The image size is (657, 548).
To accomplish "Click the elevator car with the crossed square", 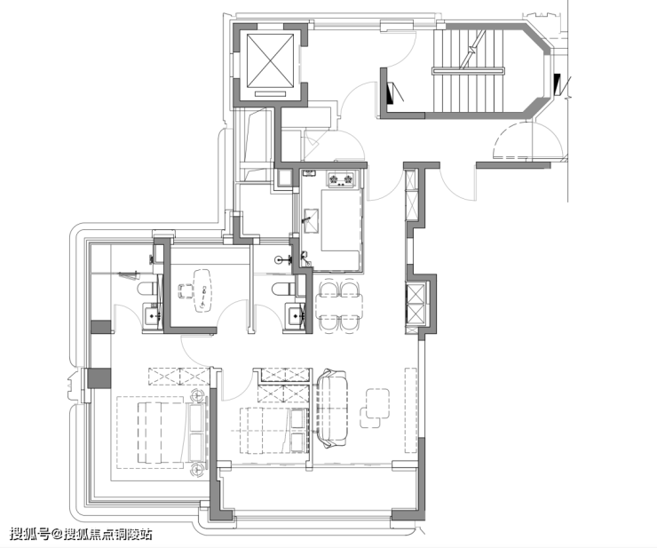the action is [270, 60].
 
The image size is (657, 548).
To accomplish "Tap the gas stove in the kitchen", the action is [340, 179].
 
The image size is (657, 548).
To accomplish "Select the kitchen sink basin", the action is [312, 220].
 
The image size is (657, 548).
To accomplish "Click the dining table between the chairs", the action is [339, 306].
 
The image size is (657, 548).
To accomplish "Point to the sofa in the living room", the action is [332, 408].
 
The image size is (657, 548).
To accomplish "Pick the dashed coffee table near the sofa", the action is [375, 408].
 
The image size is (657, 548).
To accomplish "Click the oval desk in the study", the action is [202, 290].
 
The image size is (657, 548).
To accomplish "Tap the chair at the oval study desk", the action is [185, 291].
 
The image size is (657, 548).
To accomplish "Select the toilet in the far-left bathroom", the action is [147, 289].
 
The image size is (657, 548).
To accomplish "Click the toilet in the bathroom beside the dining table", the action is [281, 289].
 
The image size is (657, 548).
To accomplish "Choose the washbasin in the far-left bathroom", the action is [152, 315].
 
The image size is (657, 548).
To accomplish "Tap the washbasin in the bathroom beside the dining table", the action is [295, 315].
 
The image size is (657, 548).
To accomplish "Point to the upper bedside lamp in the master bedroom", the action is [196, 395].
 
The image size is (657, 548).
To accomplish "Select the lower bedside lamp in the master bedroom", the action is [196, 469].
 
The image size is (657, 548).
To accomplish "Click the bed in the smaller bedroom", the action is [273, 430].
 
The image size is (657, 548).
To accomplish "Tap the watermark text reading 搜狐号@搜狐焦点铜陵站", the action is [81, 534].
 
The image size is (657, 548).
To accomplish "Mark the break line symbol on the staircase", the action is [472, 50].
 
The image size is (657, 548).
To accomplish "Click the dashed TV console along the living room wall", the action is [410, 410].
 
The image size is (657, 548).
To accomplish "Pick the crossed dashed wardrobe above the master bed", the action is [179, 376].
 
